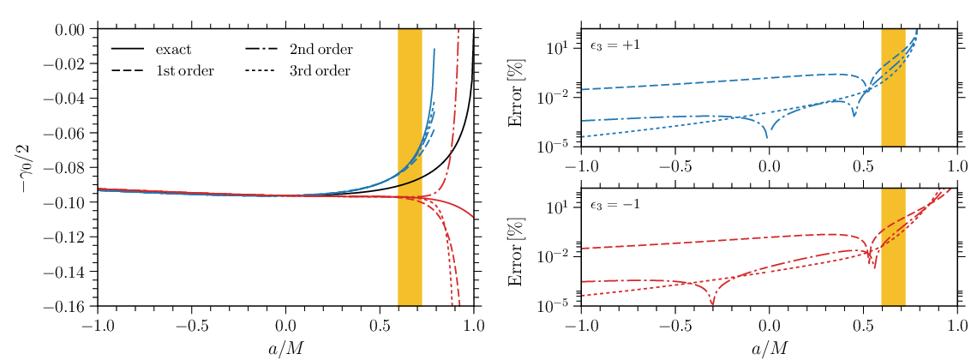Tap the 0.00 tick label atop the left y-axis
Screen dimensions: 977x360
[x=75, y=29]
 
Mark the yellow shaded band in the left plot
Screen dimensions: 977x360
[x=410, y=167]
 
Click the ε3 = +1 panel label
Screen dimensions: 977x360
[x=614, y=45]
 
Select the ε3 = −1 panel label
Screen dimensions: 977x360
[x=614, y=206]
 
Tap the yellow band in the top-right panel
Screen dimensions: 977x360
[x=893, y=87]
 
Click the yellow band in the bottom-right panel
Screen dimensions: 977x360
[x=893, y=247]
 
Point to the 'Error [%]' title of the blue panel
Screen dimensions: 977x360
[x=517, y=87]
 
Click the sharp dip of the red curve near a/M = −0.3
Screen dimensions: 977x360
[x=713, y=304]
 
